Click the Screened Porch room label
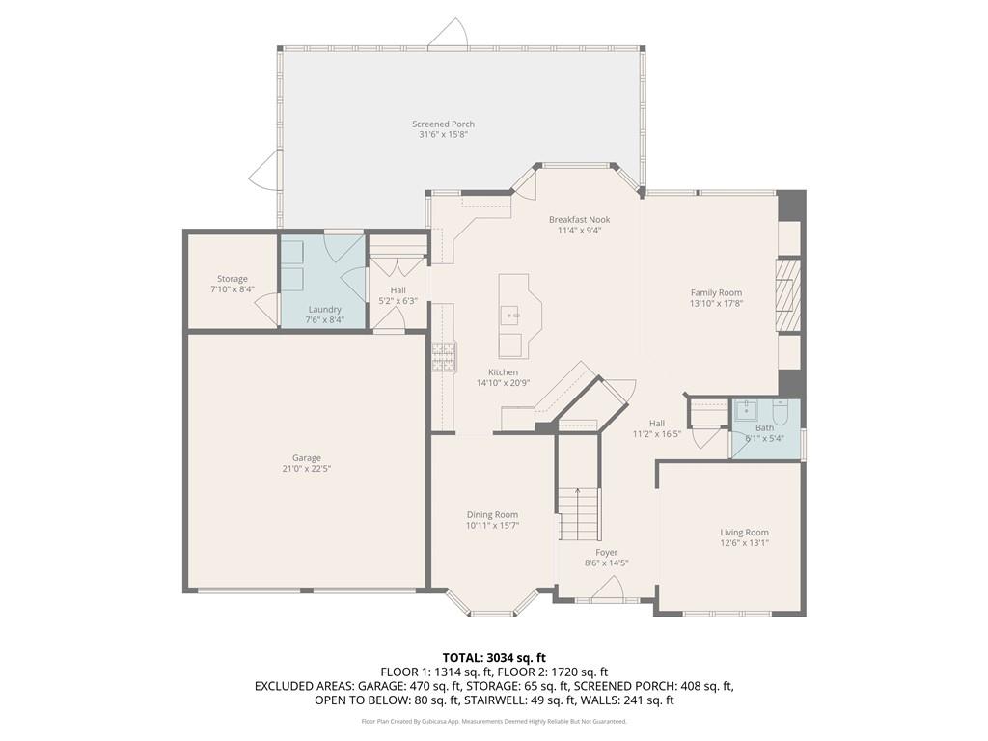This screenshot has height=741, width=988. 443,123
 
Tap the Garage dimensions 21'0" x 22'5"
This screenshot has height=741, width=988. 307,469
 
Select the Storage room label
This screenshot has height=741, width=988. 232,279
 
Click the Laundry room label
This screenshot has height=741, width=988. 323,309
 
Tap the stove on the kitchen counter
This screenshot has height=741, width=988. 444,357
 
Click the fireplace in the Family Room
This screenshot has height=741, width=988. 788,293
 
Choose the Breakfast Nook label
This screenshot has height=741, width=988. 579,219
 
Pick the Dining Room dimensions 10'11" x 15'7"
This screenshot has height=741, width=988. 492,526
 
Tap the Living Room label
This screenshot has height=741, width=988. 744,532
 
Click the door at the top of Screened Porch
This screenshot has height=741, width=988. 450,34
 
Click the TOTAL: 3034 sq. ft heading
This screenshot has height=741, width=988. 493,657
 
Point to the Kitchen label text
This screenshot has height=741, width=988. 503,371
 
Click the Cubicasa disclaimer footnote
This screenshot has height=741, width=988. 493,721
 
